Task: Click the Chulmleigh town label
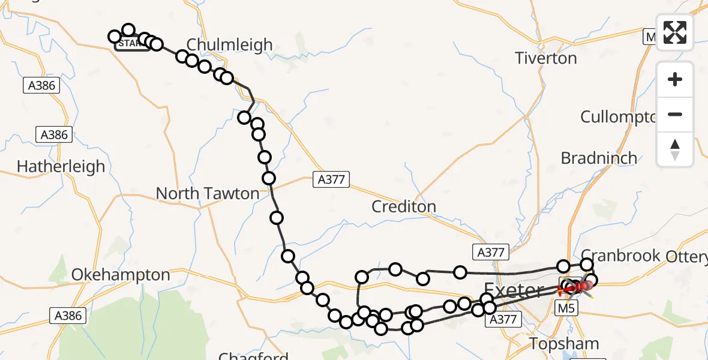229,44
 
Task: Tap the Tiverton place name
546,58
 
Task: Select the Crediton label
404,206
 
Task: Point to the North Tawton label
208,193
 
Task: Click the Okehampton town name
121,275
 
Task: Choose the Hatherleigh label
61,166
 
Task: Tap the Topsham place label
564,344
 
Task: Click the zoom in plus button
675,79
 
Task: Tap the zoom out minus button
675,114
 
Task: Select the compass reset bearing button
675,149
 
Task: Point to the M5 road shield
568,308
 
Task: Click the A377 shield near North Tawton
331,179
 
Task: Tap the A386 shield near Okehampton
68,316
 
